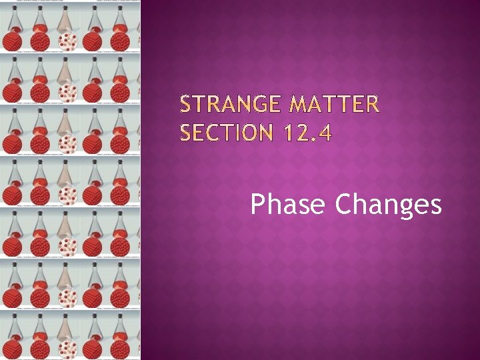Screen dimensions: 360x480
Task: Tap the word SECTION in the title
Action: (x=226, y=134)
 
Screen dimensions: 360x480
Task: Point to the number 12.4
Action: (x=305, y=134)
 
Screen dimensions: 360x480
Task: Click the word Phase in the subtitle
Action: (x=289, y=205)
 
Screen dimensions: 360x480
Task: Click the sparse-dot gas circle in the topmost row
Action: (x=68, y=41)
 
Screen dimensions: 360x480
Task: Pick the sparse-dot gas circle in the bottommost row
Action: (x=68, y=348)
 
